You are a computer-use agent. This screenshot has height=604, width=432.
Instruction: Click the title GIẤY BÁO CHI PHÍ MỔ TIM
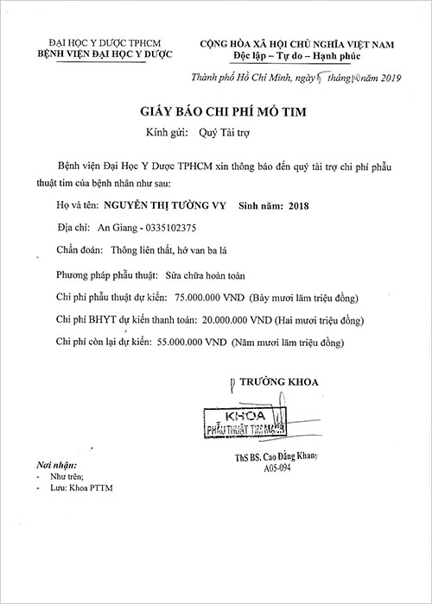215,113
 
